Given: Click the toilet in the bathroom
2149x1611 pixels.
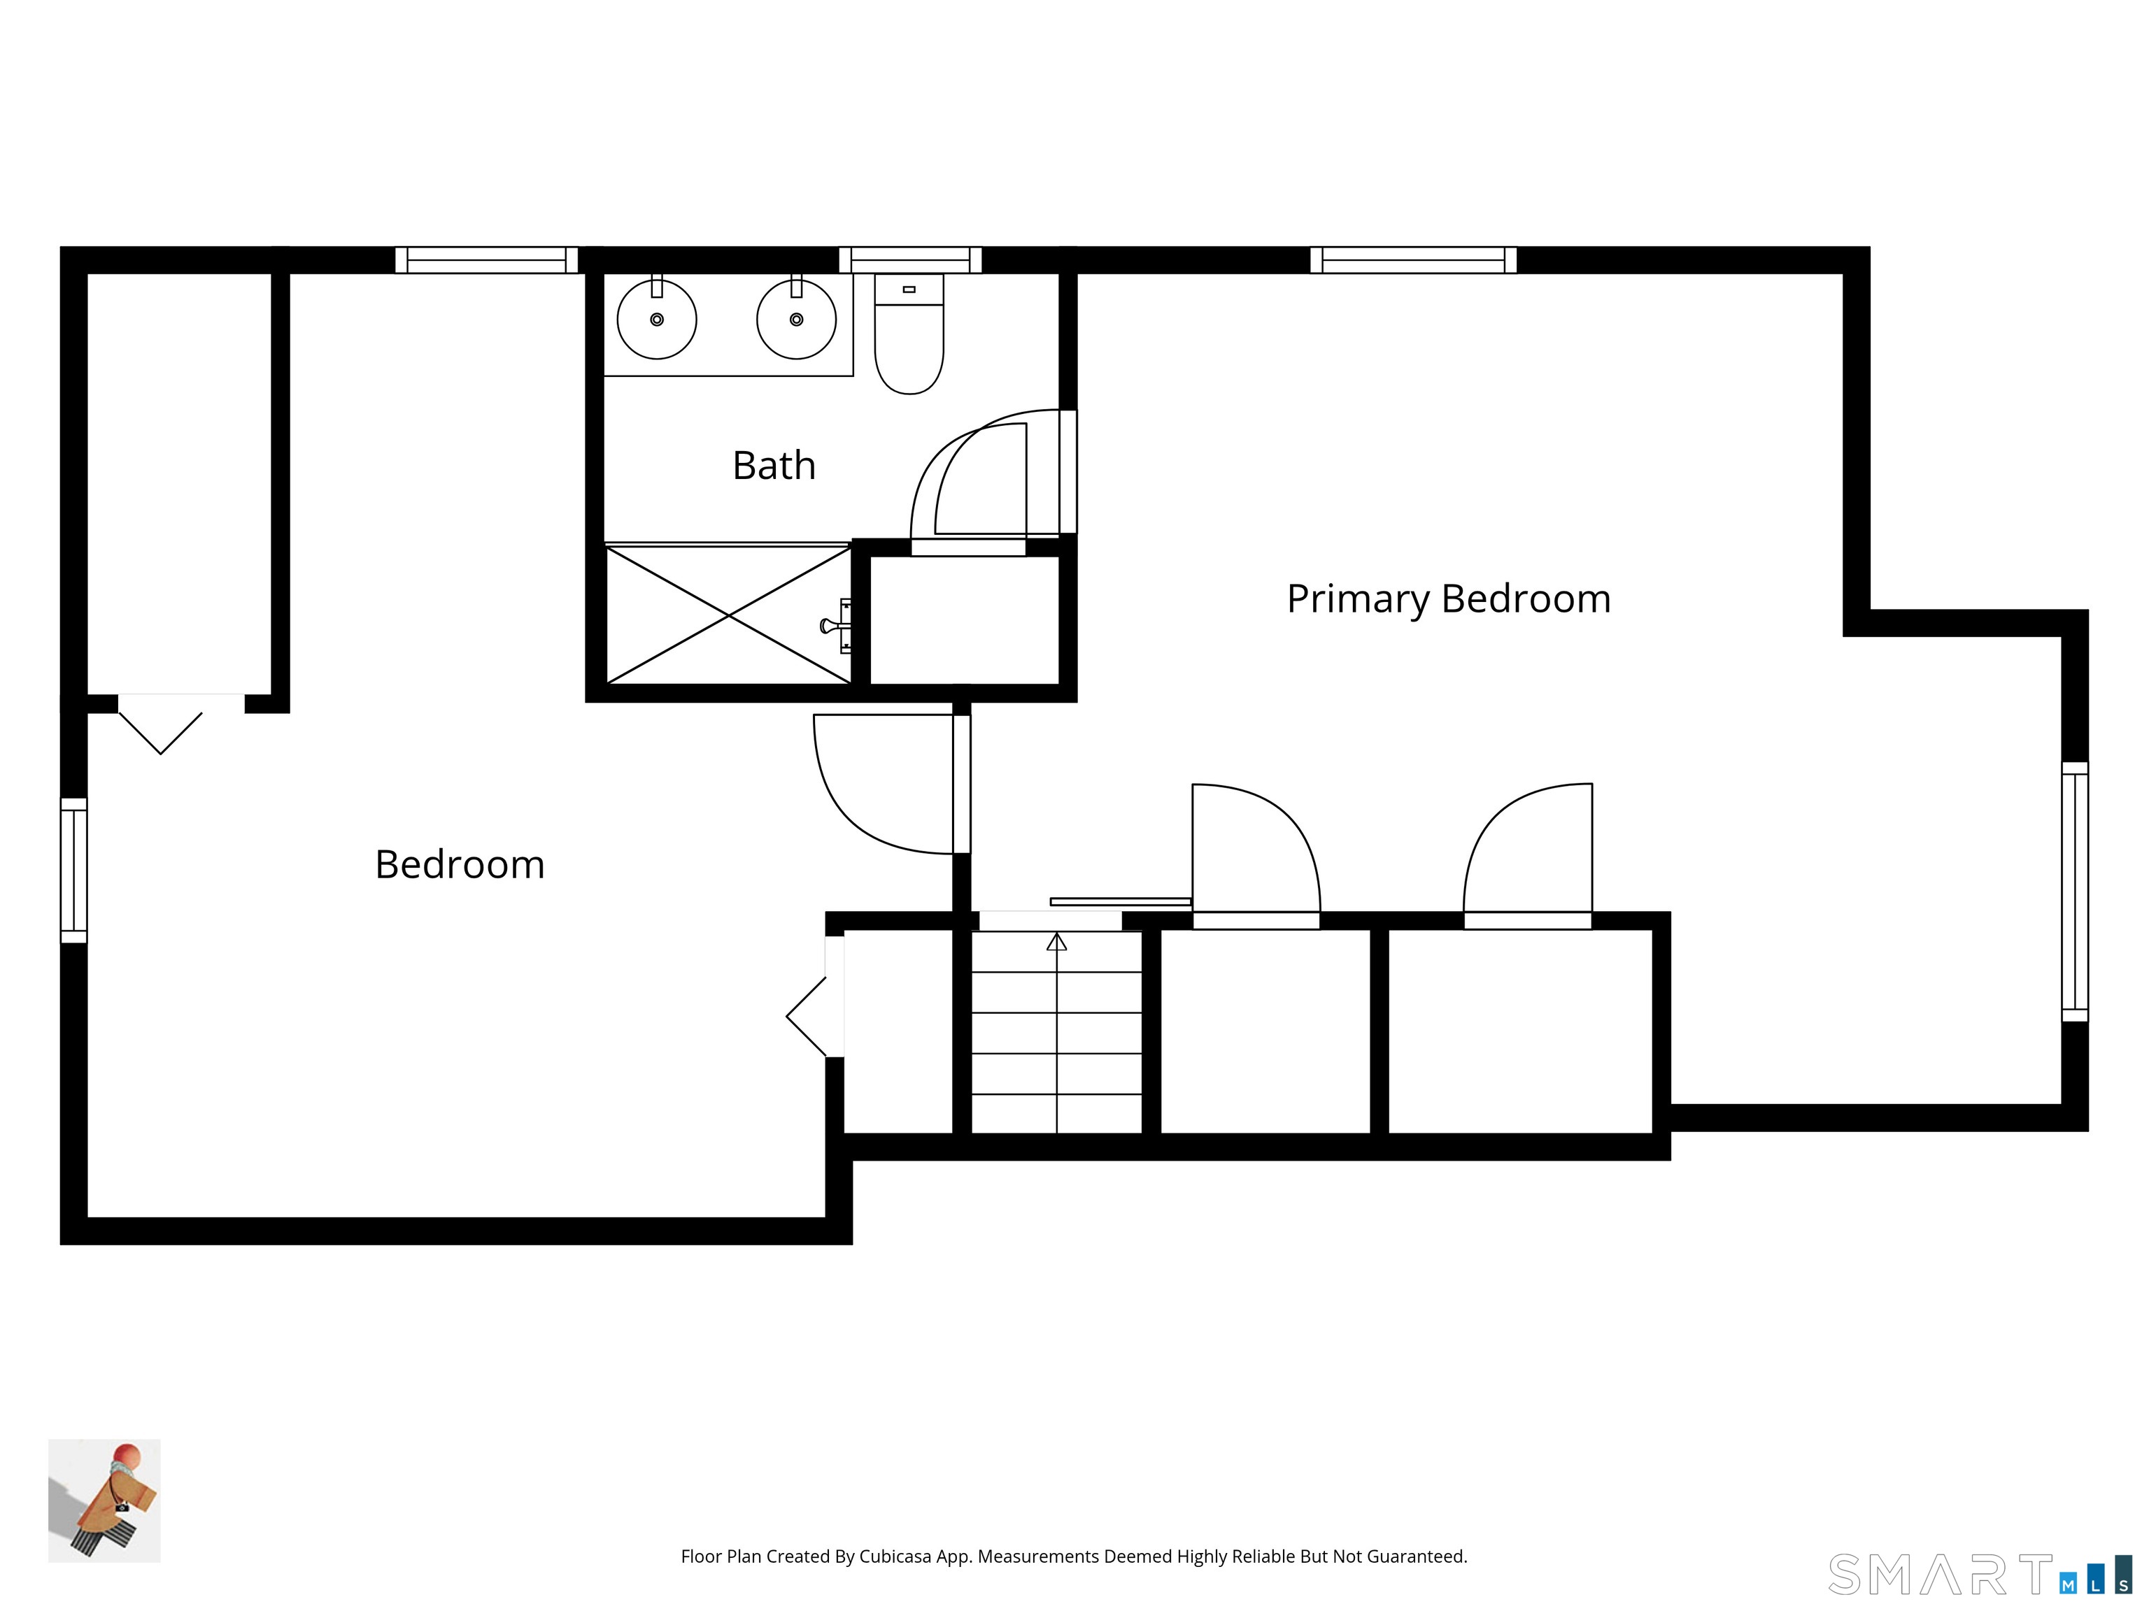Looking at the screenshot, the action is coord(909,334).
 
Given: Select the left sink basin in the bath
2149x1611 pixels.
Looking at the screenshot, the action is coord(657,319).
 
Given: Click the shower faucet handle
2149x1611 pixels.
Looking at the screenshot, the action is coord(835,624).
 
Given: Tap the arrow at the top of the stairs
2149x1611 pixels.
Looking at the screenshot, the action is coord(1056,941).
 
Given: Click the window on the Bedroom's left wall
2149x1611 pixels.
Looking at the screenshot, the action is coord(74,870).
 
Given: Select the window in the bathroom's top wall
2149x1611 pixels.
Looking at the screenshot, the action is coord(910,260).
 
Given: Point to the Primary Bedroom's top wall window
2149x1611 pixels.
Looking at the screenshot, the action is coord(1414,260).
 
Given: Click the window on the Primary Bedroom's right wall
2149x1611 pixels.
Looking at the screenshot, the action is coord(2074,892).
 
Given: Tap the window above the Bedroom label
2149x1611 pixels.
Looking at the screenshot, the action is coord(487,260).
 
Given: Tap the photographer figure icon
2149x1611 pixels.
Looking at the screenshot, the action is coord(104,1501).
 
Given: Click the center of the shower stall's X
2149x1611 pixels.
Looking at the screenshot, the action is coord(729,615).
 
